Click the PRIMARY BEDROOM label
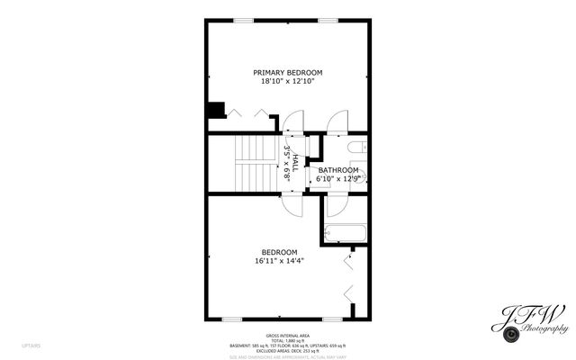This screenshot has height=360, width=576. [287, 72]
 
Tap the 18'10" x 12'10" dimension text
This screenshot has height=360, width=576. [287, 81]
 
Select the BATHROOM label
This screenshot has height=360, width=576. [337, 170]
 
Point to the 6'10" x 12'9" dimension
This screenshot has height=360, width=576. [337, 179]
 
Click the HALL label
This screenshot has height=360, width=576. [295, 163]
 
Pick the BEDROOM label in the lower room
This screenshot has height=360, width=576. [279, 252]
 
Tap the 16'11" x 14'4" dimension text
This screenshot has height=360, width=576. [279, 261]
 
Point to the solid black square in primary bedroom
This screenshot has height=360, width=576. [215, 110]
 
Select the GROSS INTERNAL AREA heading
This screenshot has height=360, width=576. [287, 334]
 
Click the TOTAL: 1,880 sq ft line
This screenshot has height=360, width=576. [287, 339]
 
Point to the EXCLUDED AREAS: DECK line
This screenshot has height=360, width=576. [287, 350]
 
